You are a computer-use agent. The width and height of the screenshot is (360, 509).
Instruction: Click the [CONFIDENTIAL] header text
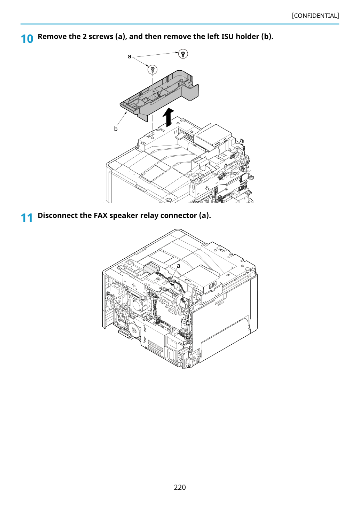pos(315,16)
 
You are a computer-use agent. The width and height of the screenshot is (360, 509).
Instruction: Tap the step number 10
pos(27,39)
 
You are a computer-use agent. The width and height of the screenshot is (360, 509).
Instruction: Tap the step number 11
pos(27,218)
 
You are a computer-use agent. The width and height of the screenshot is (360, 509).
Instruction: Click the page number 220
pos(180,487)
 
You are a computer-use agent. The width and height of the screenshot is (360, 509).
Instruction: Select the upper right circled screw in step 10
pos(183,54)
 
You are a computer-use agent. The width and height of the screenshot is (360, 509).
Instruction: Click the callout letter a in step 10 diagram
pos(129,56)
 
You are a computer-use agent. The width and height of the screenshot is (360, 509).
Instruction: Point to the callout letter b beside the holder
pos(116,129)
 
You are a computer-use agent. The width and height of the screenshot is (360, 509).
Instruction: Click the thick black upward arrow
pos(168,117)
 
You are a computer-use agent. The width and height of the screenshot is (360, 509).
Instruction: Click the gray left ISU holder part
pos(159,95)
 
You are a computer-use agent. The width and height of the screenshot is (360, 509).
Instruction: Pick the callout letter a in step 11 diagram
pos(178,266)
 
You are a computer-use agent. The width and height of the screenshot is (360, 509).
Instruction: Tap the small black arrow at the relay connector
pos(173,284)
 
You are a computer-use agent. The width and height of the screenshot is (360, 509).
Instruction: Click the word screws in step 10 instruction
pos(101,37)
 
